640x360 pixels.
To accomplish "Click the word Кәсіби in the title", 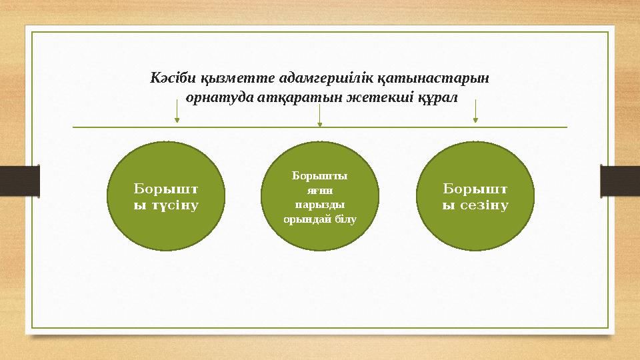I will pyautogui.click(x=169, y=77).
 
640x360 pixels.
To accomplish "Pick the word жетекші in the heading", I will pyautogui.click(x=370, y=97).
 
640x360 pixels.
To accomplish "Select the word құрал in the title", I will pyautogui.click(x=436, y=97).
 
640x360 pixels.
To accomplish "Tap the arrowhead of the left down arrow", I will pyautogui.click(x=177, y=120).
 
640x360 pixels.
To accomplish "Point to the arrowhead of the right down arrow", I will pyautogui.click(x=475, y=120).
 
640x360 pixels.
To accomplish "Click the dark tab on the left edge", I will pyautogui.click(x=19, y=180).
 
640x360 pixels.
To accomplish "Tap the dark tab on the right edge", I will pyautogui.click(x=620, y=180).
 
